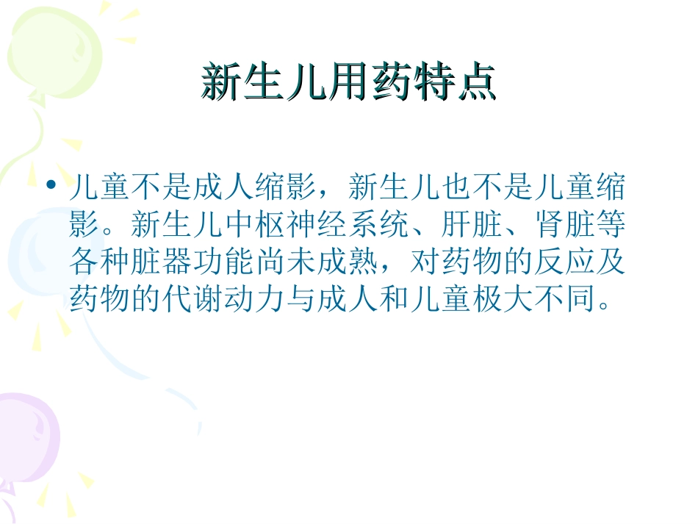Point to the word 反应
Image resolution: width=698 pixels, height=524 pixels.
pos(564,262)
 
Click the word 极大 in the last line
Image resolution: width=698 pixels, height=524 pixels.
pos(503,299)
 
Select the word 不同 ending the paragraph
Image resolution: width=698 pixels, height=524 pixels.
pos(564,299)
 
